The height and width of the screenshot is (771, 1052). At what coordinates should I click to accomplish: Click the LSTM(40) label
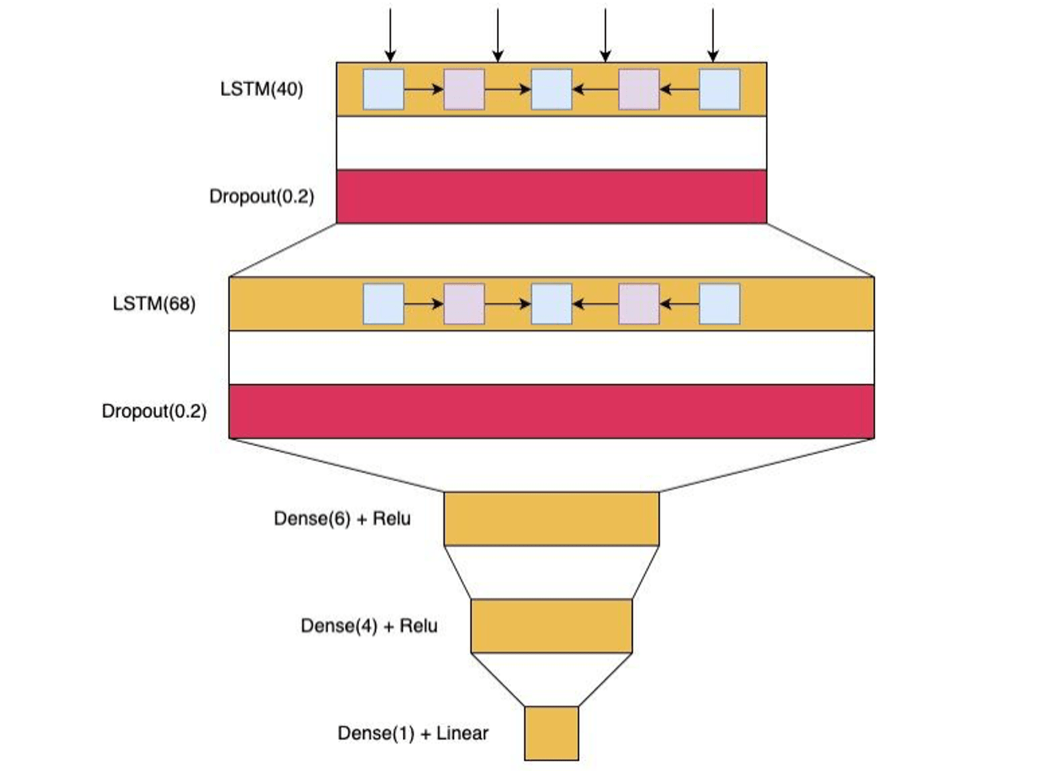click(261, 89)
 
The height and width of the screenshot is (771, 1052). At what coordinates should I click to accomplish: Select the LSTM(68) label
click(154, 304)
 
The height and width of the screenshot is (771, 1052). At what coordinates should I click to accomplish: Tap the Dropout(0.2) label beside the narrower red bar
click(261, 197)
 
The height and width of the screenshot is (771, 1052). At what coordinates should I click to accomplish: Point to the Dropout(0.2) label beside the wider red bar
click(154, 411)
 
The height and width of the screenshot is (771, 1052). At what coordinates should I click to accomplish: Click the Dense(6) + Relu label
click(342, 518)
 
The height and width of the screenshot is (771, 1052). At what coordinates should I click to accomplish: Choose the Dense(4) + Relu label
click(369, 626)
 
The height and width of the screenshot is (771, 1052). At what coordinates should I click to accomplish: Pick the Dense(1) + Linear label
click(413, 733)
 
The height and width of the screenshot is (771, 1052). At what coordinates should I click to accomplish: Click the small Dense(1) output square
click(551, 733)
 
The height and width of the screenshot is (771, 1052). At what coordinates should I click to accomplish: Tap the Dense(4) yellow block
click(551, 626)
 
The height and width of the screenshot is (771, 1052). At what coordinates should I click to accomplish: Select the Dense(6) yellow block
click(551, 518)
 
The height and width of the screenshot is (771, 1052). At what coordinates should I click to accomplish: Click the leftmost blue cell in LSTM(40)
click(383, 89)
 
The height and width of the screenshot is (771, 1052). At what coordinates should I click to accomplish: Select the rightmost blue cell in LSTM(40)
click(719, 89)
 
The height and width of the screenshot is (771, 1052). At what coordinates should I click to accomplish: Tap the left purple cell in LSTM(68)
click(464, 304)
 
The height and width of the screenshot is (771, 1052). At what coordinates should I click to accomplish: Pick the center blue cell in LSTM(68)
click(551, 304)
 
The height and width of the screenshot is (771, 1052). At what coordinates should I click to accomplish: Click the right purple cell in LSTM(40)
click(639, 89)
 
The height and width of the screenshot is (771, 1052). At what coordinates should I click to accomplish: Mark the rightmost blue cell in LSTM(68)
click(719, 304)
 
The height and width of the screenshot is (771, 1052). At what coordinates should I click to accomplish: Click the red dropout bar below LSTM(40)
click(551, 197)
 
